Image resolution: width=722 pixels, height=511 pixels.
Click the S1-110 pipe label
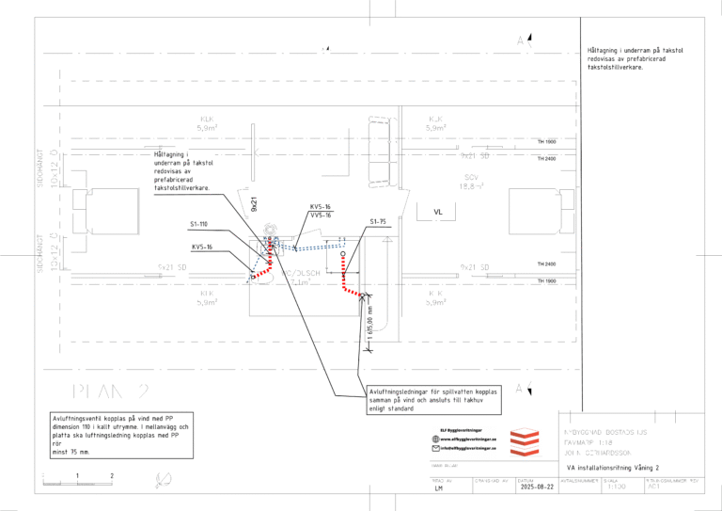pyautogui.click(x=197, y=224)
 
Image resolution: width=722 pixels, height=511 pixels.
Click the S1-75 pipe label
pyautogui.click(x=378, y=221)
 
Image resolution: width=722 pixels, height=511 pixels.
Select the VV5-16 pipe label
pyautogui.click(x=321, y=215)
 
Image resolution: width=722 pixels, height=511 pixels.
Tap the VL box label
pyautogui.click(x=437, y=212)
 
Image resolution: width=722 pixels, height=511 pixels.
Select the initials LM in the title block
pyautogui.click(x=439, y=489)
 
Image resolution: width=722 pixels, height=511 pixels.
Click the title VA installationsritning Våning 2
pyautogui.click(x=612, y=467)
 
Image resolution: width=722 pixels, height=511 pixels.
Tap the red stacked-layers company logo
pyautogui.click(x=522, y=440)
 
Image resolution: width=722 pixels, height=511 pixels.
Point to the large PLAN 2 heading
pyautogui.click(x=110, y=391)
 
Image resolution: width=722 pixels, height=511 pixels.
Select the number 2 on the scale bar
pyautogui.click(x=111, y=475)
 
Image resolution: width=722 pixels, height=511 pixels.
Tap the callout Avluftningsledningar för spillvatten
pyautogui.click(x=434, y=399)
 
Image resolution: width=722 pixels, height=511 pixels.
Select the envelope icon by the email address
pyautogui.click(x=434, y=448)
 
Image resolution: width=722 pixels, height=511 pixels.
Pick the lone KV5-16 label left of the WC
pyautogui.click(x=202, y=247)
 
